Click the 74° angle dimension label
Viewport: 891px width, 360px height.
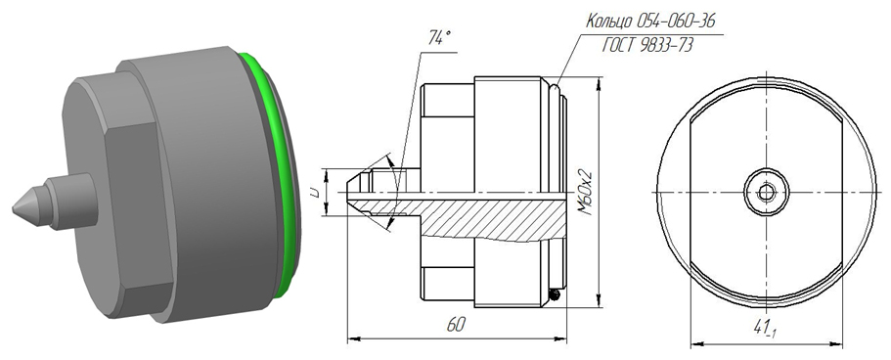tap(439, 39)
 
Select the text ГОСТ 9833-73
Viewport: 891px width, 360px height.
tap(647, 46)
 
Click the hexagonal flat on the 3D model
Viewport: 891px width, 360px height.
tap(134, 210)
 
